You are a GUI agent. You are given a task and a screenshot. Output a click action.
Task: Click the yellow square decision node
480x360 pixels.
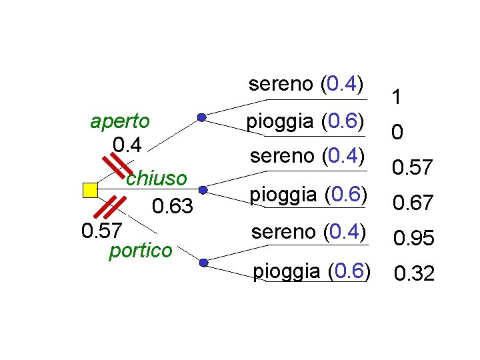(89, 190)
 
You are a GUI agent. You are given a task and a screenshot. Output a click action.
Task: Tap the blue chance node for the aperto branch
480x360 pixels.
(201, 118)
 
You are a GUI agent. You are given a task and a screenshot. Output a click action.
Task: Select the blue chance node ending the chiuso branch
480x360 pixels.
(203, 190)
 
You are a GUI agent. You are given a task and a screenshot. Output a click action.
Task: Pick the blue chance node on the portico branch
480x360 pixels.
(203, 263)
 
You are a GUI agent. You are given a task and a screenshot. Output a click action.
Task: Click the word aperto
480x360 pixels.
(120, 121)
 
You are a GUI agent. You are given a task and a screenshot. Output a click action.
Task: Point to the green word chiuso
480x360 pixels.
(156, 179)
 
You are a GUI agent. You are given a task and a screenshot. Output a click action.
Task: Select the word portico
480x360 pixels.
(140, 251)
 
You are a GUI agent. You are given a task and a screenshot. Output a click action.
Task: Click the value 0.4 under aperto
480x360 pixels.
(127, 144)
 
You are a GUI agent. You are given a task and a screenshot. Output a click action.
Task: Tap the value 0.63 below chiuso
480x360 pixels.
(173, 207)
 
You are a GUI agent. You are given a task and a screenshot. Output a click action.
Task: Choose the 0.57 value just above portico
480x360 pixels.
(101, 231)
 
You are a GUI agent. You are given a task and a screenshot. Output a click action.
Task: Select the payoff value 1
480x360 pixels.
(397, 99)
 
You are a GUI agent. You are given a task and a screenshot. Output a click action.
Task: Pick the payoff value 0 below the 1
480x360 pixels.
(397, 134)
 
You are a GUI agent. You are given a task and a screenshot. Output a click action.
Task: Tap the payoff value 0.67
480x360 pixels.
(413, 202)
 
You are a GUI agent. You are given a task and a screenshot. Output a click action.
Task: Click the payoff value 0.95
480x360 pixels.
(414, 238)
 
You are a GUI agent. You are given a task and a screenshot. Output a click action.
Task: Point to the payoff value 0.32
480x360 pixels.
(414, 273)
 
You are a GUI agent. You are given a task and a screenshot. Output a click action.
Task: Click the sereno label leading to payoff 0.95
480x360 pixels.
(307, 231)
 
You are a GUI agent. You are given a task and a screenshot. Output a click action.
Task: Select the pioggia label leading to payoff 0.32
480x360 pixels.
(311, 271)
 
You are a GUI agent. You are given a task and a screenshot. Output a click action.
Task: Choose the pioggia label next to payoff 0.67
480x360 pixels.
(309, 195)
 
